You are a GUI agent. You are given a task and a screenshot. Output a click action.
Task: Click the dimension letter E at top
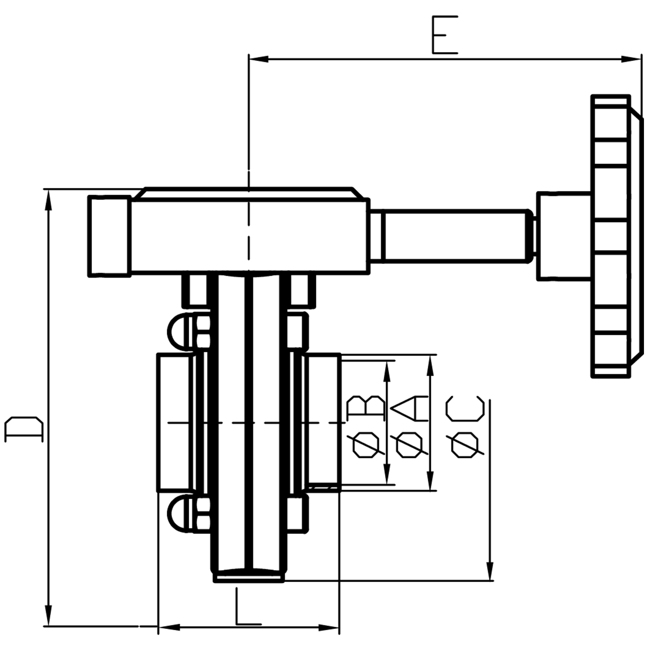pos(445,35)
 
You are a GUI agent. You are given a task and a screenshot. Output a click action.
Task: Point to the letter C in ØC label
pos(465,408)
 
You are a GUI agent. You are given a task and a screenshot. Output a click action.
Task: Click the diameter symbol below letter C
pos(465,445)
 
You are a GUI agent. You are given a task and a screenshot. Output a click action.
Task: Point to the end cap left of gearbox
pos(109,236)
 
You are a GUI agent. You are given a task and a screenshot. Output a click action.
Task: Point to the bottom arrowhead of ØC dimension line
pos(490,570)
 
